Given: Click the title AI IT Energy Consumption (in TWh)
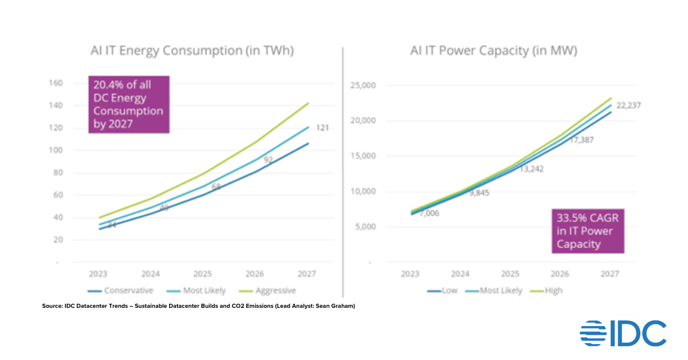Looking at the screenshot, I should [x=192, y=50].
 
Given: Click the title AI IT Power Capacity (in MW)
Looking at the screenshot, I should [x=494, y=50].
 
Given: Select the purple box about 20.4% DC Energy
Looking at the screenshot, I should [x=128, y=104].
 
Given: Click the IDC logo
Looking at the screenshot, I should [x=623, y=333].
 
